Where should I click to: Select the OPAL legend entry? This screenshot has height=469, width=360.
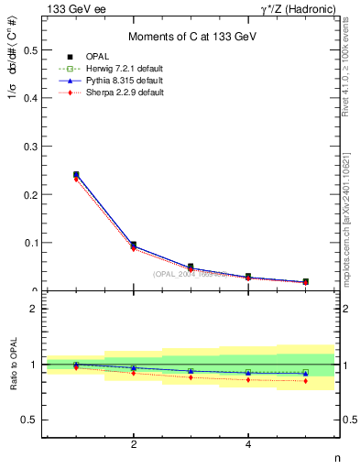coord(95,56)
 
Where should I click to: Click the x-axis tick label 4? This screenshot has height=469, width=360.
coord(248,445)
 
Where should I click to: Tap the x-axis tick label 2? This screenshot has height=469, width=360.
coord(134,445)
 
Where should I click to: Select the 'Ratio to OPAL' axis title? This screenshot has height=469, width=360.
coord(12,364)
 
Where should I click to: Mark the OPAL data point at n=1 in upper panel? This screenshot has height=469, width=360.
coord(76,174)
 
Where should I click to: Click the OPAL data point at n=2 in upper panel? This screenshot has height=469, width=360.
coord(134,245)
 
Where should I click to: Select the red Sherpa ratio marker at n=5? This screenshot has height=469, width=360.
coord(305,381)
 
